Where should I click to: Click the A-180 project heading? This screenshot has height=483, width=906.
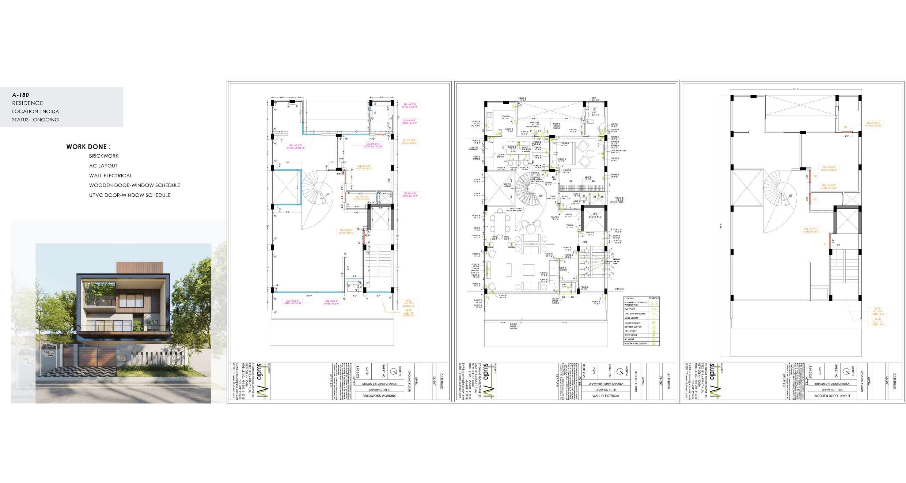[20, 95]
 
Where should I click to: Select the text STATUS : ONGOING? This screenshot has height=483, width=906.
[35, 120]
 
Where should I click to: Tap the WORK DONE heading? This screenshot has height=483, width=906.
[88, 147]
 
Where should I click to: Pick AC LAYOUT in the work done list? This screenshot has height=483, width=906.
[103, 166]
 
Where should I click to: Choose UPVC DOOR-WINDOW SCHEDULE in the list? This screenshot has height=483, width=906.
[130, 195]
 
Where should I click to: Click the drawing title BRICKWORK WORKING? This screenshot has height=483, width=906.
[379, 396]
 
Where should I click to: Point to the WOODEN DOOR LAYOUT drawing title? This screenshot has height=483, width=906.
[832, 396]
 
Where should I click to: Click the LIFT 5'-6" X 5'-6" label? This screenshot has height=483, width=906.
[595, 216]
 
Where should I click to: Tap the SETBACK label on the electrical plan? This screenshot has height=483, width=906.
[619, 289]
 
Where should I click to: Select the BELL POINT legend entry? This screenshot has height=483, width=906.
[631, 331]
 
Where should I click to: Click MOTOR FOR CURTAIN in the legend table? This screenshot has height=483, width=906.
[635, 343]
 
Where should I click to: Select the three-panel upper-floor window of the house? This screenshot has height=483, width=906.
[129, 300]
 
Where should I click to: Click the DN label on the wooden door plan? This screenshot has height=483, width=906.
[837, 245]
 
